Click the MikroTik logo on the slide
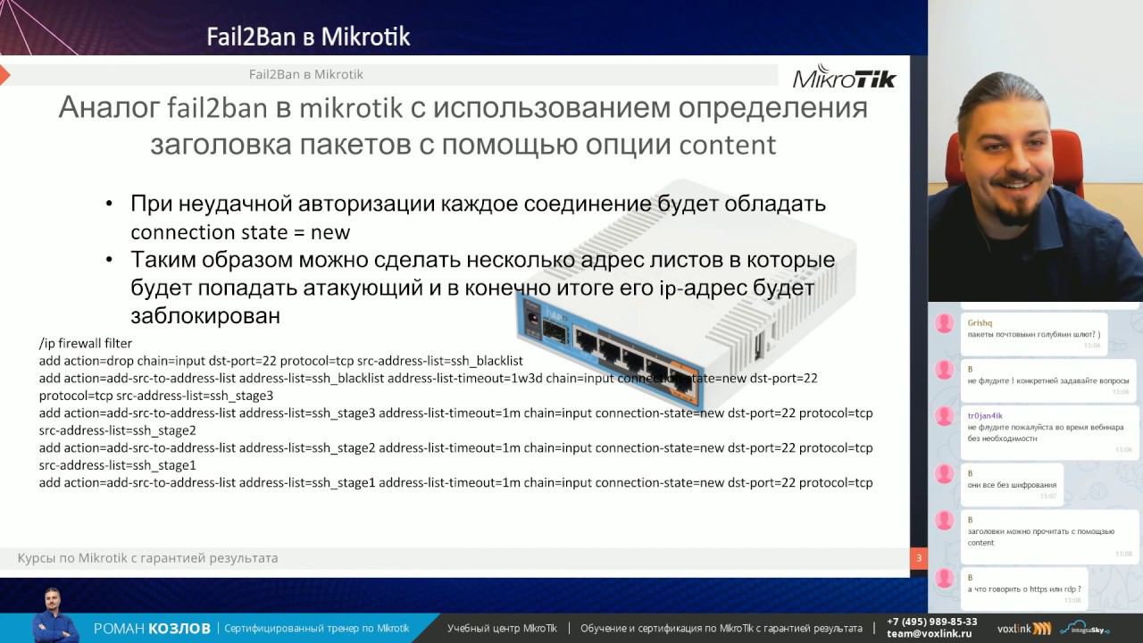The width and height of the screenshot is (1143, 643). click(844, 77)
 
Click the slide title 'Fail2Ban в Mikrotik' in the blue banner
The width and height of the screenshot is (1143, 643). click(308, 37)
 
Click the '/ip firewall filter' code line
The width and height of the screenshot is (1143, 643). click(86, 343)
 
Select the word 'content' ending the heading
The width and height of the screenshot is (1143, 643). click(728, 145)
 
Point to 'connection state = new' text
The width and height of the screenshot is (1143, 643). click(240, 232)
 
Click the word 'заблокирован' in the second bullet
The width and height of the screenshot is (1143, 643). click(205, 316)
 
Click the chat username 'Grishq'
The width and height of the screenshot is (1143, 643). click(980, 322)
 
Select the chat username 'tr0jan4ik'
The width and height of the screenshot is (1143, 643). click(985, 415)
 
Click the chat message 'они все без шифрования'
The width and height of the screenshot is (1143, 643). click(1011, 485)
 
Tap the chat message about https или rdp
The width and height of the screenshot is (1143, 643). click(1023, 589)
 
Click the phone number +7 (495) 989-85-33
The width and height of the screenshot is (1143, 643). click(931, 622)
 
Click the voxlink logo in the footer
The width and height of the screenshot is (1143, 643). click(1023, 629)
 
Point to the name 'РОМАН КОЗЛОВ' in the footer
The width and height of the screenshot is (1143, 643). click(152, 629)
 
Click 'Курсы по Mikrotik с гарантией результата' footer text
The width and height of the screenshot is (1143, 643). click(148, 558)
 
